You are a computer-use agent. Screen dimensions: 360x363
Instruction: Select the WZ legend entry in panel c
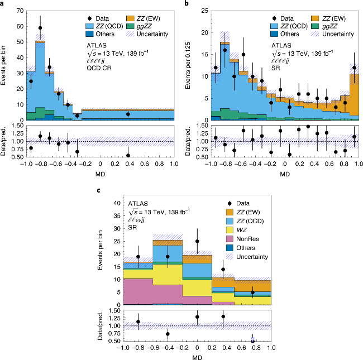pyautogui.click(x=235, y=229)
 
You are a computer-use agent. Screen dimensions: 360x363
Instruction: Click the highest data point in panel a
pyautogui.click(x=40, y=27)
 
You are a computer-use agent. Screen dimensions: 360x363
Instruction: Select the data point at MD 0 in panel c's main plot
pyautogui.click(x=197, y=242)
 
